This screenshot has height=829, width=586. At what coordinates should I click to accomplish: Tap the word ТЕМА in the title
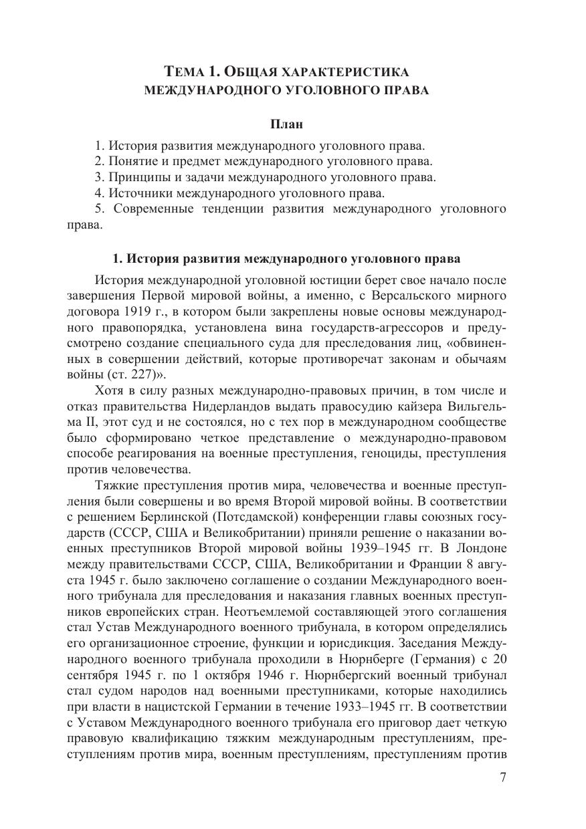pyautogui.click(x=183, y=72)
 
